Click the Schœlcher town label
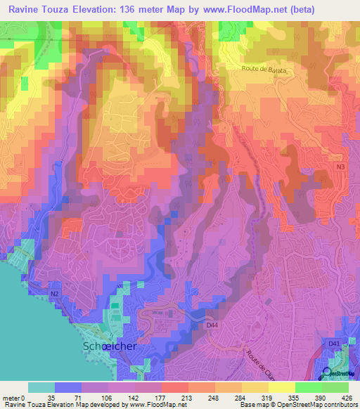coord(110,347)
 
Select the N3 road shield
coord(340,167)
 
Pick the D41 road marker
coord(334,343)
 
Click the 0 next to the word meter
coord(23,397)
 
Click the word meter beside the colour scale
coord(11,397)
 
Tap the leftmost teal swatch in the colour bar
coord(41,387)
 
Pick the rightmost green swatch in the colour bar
coord(335,387)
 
